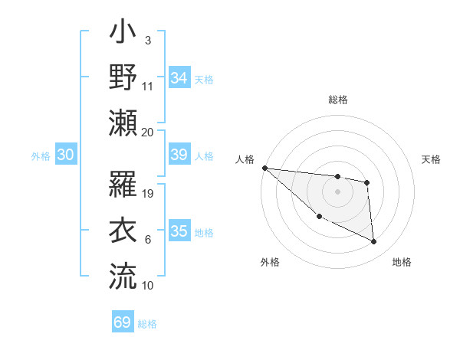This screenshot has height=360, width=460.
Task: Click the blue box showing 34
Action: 179,78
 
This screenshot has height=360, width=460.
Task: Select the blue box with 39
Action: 179,155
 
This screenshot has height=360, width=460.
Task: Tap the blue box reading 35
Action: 179,231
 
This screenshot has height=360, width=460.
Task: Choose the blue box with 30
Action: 66,155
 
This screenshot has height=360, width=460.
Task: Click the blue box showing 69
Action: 123,322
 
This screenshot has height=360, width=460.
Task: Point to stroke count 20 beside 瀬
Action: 148,132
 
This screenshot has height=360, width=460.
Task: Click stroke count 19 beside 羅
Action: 149,194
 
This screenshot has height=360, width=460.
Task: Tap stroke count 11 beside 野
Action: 148,86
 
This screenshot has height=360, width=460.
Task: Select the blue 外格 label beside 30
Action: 41,156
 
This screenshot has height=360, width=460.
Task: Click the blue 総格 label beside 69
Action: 147,324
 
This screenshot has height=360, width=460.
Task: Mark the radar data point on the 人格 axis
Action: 264,168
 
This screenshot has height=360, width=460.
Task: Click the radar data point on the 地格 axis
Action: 374,242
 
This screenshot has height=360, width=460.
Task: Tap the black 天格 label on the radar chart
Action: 432,159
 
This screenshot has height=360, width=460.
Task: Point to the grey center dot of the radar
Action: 337,191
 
